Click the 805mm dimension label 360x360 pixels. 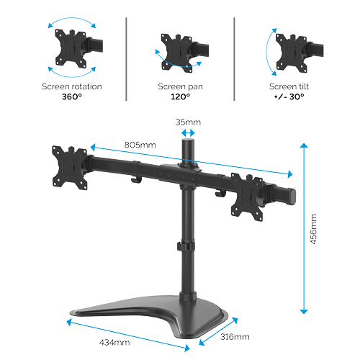[140, 145]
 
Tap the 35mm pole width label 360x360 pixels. [188, 122]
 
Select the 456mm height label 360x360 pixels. [313, 229]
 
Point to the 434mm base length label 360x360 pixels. [114, 342]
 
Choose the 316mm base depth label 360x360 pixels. [235, 337]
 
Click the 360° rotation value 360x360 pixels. [72, 96]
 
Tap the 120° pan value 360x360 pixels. [180, 96]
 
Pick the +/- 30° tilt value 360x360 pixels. [289, 96]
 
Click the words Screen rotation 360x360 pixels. [72, 86]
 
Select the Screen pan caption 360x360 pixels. [180, 86]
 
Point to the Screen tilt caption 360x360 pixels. [289, 86]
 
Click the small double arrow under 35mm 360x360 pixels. [188, 132]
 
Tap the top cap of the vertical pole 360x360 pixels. [188, 141]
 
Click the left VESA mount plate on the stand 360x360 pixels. [70, 168]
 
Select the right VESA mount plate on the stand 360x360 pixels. [247, 197]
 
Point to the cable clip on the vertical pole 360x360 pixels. [186, 246]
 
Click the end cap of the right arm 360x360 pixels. [292, 197]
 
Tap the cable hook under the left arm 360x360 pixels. [135, 180]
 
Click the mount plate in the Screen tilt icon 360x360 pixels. [292, 53]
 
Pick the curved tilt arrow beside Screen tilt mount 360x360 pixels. [267, 52]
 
